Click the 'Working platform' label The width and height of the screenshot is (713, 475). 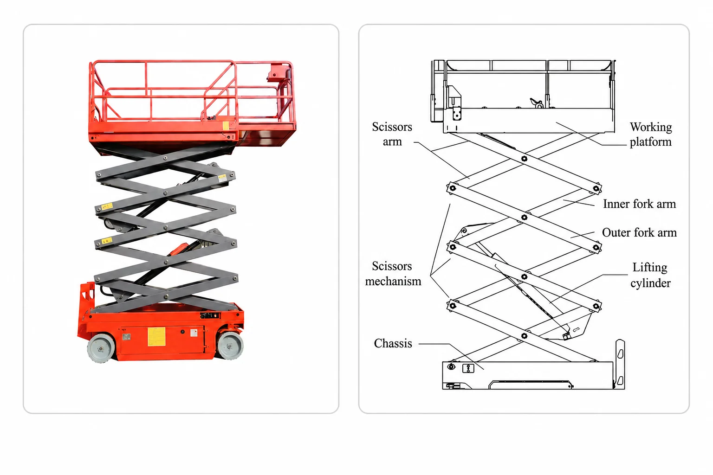(651, 134)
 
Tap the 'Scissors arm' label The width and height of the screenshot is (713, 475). (392, 134)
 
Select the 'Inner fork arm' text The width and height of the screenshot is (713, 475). (639, 204)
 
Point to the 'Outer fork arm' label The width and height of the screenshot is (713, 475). (639, 232)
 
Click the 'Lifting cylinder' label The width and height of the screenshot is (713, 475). (650, 275)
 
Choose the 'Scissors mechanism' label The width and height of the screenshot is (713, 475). (393, 274)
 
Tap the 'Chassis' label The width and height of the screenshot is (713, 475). (393, 343)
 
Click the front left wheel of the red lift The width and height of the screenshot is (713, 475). (101, 348)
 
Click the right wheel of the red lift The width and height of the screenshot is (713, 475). (230, 345)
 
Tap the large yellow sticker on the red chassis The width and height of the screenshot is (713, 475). (156, 336)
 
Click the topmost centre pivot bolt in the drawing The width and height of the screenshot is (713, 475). (524, 159)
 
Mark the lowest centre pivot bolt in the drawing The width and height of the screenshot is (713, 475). (524, 336)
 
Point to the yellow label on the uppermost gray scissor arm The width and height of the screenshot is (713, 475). (222, 178)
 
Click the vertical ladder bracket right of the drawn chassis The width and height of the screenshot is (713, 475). (620, 364)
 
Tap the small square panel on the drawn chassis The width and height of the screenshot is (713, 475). (468, 368)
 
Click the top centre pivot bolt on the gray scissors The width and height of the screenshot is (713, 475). (165, 158)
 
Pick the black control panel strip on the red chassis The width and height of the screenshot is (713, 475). (210, 315)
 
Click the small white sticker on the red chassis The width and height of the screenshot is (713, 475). (194, 333)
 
